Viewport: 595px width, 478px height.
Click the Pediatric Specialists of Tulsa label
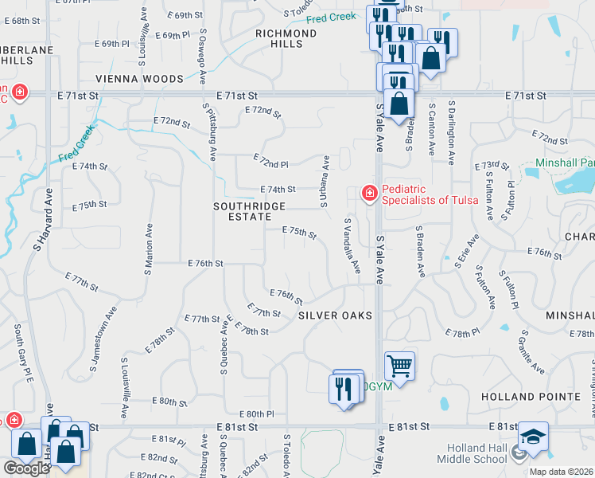click(x=430, y=194)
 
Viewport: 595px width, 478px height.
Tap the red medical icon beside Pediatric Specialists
click(x=369, y=193)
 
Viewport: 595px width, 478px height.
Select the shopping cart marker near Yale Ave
click(x=399, y=366)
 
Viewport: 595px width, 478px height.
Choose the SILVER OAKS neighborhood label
click(x=335, y=315)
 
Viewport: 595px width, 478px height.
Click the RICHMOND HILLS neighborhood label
click(x=286, y=39)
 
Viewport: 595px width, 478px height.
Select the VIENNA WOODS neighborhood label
click(x=139, y=79)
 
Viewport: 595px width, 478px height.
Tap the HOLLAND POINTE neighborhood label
click(x=531, y=397)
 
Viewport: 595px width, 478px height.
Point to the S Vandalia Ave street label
click(x=351, y=247)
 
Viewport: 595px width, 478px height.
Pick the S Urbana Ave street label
click(x=325, y=181)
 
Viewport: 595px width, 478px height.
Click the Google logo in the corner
click(x=26, y=468)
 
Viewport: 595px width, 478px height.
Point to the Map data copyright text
click(x=561, y=472)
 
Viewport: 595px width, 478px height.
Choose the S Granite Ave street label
click(x=534, y=352)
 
